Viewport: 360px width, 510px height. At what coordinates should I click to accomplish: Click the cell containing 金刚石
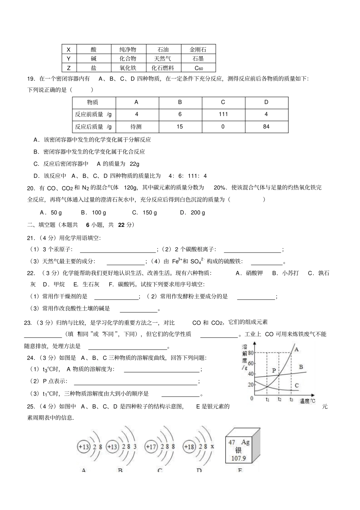coord(198,49)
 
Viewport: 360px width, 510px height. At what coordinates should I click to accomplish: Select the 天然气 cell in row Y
coord(162,59)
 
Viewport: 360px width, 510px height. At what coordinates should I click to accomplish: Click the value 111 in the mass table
coord(223,115)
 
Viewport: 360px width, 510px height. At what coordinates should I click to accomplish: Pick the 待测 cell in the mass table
coord(136,127)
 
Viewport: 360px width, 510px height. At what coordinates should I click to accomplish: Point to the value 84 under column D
coord(266,127)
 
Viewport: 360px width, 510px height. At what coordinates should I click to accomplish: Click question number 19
coord(31,79)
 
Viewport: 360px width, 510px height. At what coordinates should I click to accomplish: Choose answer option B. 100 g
coord(94,213)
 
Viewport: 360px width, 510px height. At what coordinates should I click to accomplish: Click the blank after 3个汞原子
coord(117,250)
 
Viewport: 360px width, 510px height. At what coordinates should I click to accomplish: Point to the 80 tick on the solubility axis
coord(250,353)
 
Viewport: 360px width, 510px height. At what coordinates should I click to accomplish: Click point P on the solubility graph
coord(274,370)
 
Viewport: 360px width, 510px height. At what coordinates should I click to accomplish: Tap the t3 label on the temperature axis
coord(291,399)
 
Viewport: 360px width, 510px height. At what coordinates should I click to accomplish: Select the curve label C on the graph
coord(296,386)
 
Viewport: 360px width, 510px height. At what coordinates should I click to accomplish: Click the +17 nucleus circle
coord(151,447)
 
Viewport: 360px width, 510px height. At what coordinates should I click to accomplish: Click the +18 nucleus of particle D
coord(189,447)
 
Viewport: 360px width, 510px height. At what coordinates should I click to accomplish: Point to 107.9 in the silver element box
coord(238,458)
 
